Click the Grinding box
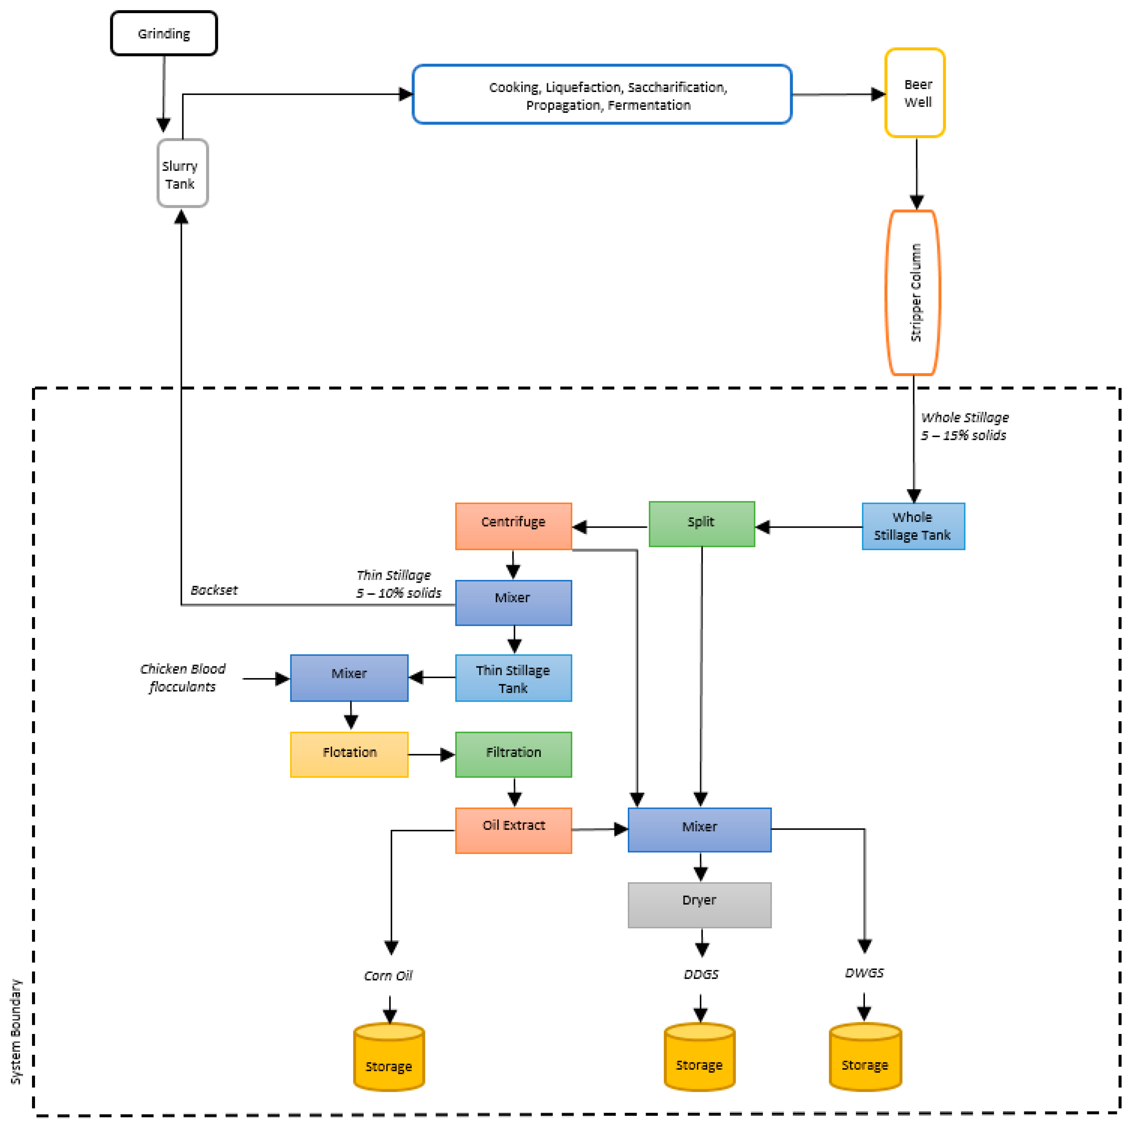164,33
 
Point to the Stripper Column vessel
913,293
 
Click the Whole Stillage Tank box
913,526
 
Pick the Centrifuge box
513,526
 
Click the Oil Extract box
513,830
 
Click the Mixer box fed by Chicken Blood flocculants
349,678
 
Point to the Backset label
214,590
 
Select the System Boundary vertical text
16,1031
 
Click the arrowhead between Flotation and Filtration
447,755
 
